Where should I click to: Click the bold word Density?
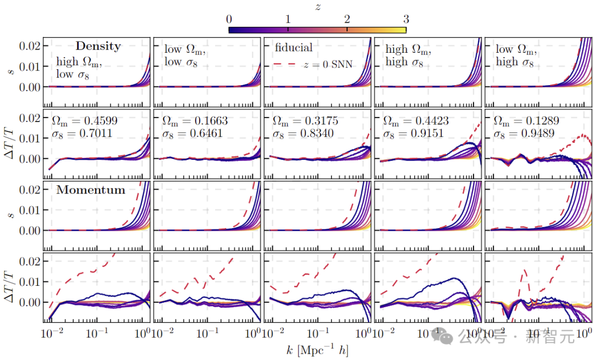tap(98, 46)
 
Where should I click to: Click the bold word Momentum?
tap(91, 191)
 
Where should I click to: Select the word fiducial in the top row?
tap(294, 48)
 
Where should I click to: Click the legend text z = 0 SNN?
tap(328, 65)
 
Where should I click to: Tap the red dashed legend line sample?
tap(285, 65)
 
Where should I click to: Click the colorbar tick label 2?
tap(346, 19)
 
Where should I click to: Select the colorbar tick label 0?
tap(229, 19)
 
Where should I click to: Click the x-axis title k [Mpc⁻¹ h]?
tap(318, 349)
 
